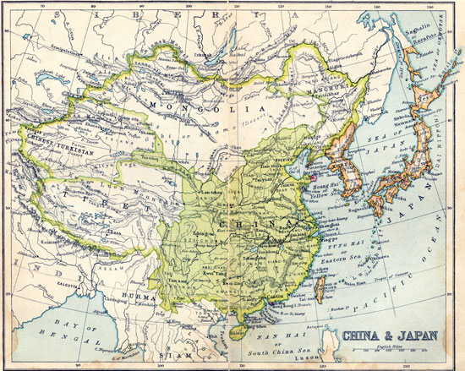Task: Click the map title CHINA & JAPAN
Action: point(391,335)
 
